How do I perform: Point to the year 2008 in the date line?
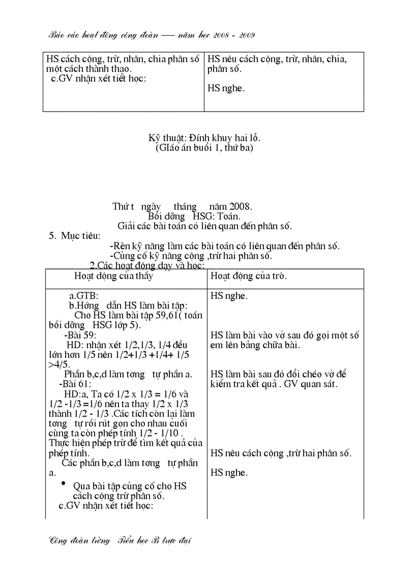[241, 206]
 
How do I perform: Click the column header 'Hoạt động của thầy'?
[113, 276]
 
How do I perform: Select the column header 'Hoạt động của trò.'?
[249, 276]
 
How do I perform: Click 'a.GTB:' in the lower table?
[84, 296]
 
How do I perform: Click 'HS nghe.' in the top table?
[226, 88]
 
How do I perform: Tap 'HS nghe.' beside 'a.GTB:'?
[229, 296]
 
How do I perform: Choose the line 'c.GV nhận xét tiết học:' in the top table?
[99, 78]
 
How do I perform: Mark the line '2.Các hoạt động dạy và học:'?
[147, 265]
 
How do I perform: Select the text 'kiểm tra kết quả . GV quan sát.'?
[274, 384]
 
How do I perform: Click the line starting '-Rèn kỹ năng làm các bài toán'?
[225, 246]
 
